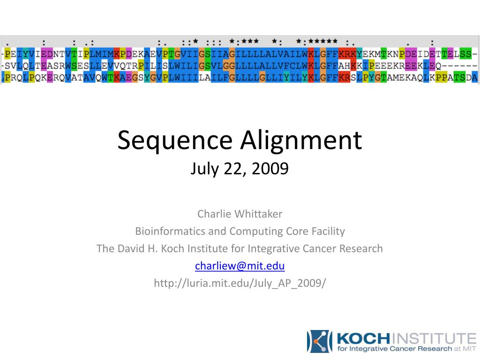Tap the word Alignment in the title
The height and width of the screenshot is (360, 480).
(302, 141)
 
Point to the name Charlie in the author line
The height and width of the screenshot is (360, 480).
(214, 214)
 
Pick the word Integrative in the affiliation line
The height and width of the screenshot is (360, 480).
(274, 248)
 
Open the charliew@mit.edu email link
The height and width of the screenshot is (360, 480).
(240, 266)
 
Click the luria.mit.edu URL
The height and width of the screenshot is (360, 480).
(240, 283)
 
